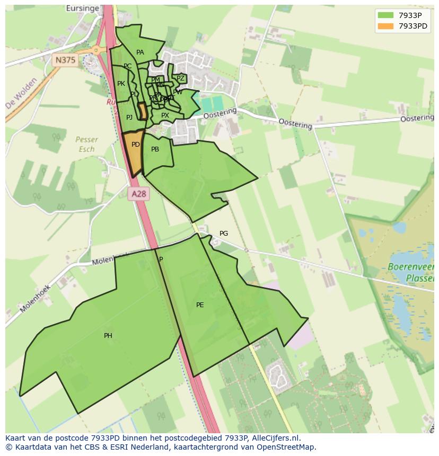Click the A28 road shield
138,194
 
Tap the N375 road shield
65,60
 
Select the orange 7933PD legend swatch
386,26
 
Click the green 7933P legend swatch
386,15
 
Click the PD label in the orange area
136,145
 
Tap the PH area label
108,336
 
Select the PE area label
200,305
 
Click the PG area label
224,234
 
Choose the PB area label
155,149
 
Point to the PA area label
140,52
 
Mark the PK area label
121,84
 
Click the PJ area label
129,118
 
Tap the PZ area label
180,78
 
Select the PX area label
165,115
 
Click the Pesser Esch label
86,144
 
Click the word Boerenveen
411,266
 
